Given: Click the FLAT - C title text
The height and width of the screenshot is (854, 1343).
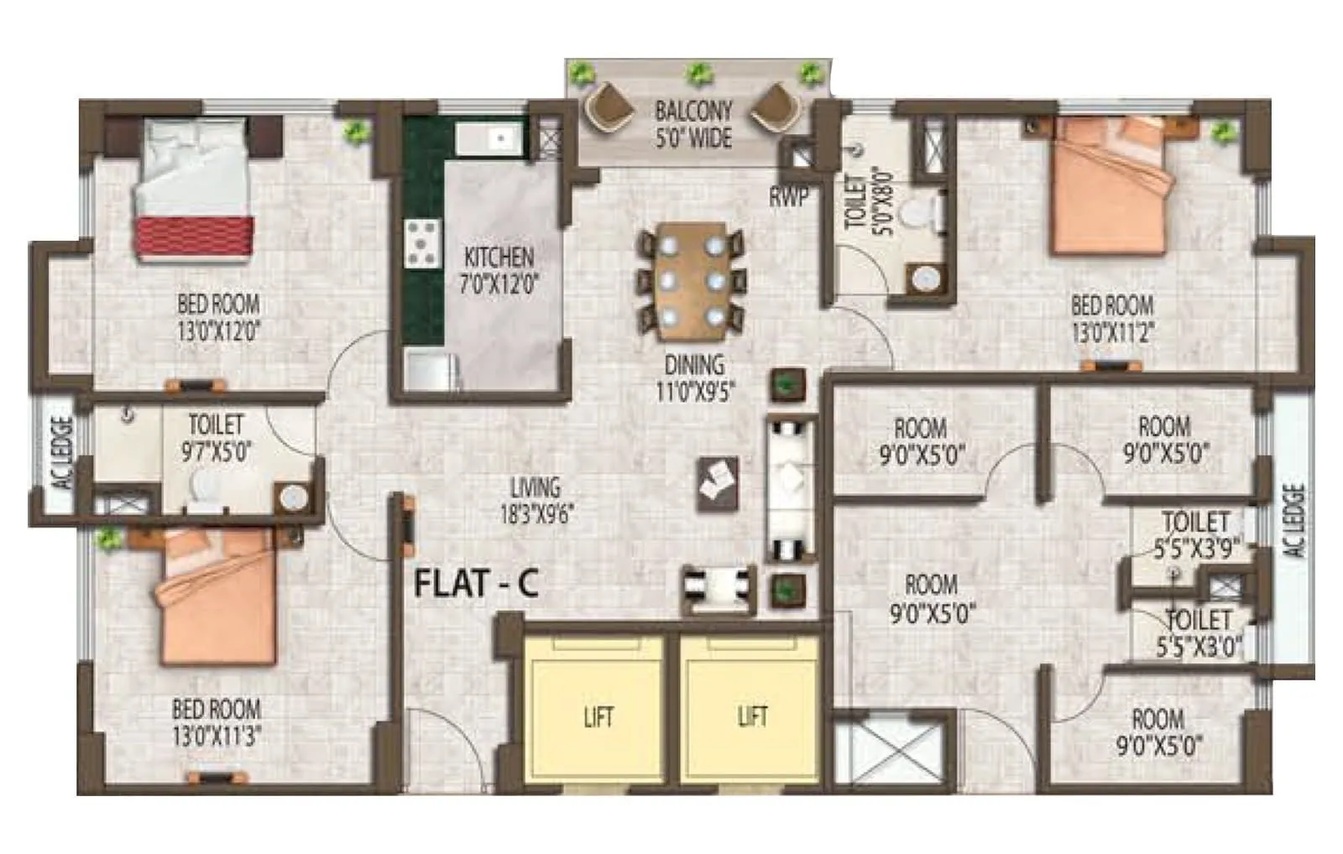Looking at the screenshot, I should pos(476,583).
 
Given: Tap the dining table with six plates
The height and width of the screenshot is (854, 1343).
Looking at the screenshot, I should pos(692,281).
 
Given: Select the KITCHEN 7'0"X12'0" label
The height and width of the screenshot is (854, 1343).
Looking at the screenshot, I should pos(499,270).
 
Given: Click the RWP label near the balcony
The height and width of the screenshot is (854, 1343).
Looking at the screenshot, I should pos(788,197).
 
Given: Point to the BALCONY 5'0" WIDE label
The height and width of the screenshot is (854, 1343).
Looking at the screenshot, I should pos(693,123).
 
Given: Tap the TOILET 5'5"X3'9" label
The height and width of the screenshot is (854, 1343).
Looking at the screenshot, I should pos(1196,534).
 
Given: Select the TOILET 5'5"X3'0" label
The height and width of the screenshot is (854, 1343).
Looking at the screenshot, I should pos(1199,633).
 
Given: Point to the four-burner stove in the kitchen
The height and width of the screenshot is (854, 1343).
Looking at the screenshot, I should pos(422,243).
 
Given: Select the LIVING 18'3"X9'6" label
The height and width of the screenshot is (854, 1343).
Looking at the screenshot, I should pos(536,500).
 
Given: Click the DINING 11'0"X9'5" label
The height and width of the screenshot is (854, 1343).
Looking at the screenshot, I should pos(694,378).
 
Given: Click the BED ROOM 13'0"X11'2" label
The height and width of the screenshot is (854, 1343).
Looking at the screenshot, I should pos(1112,318).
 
